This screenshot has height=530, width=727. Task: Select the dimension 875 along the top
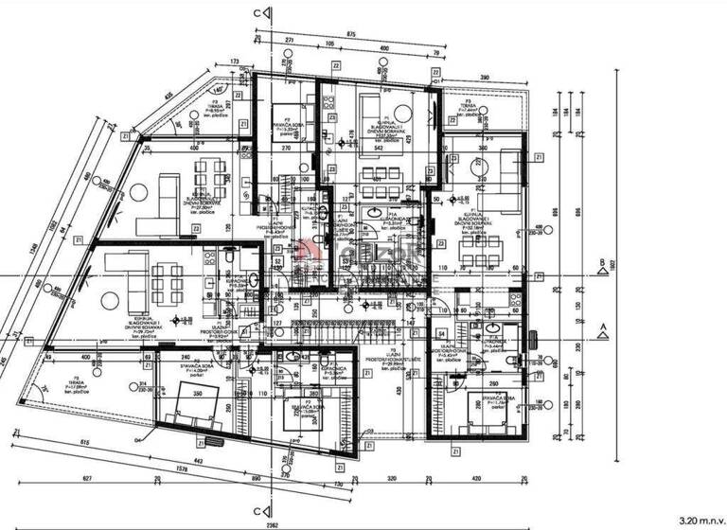350,34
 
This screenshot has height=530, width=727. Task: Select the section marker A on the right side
603,330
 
